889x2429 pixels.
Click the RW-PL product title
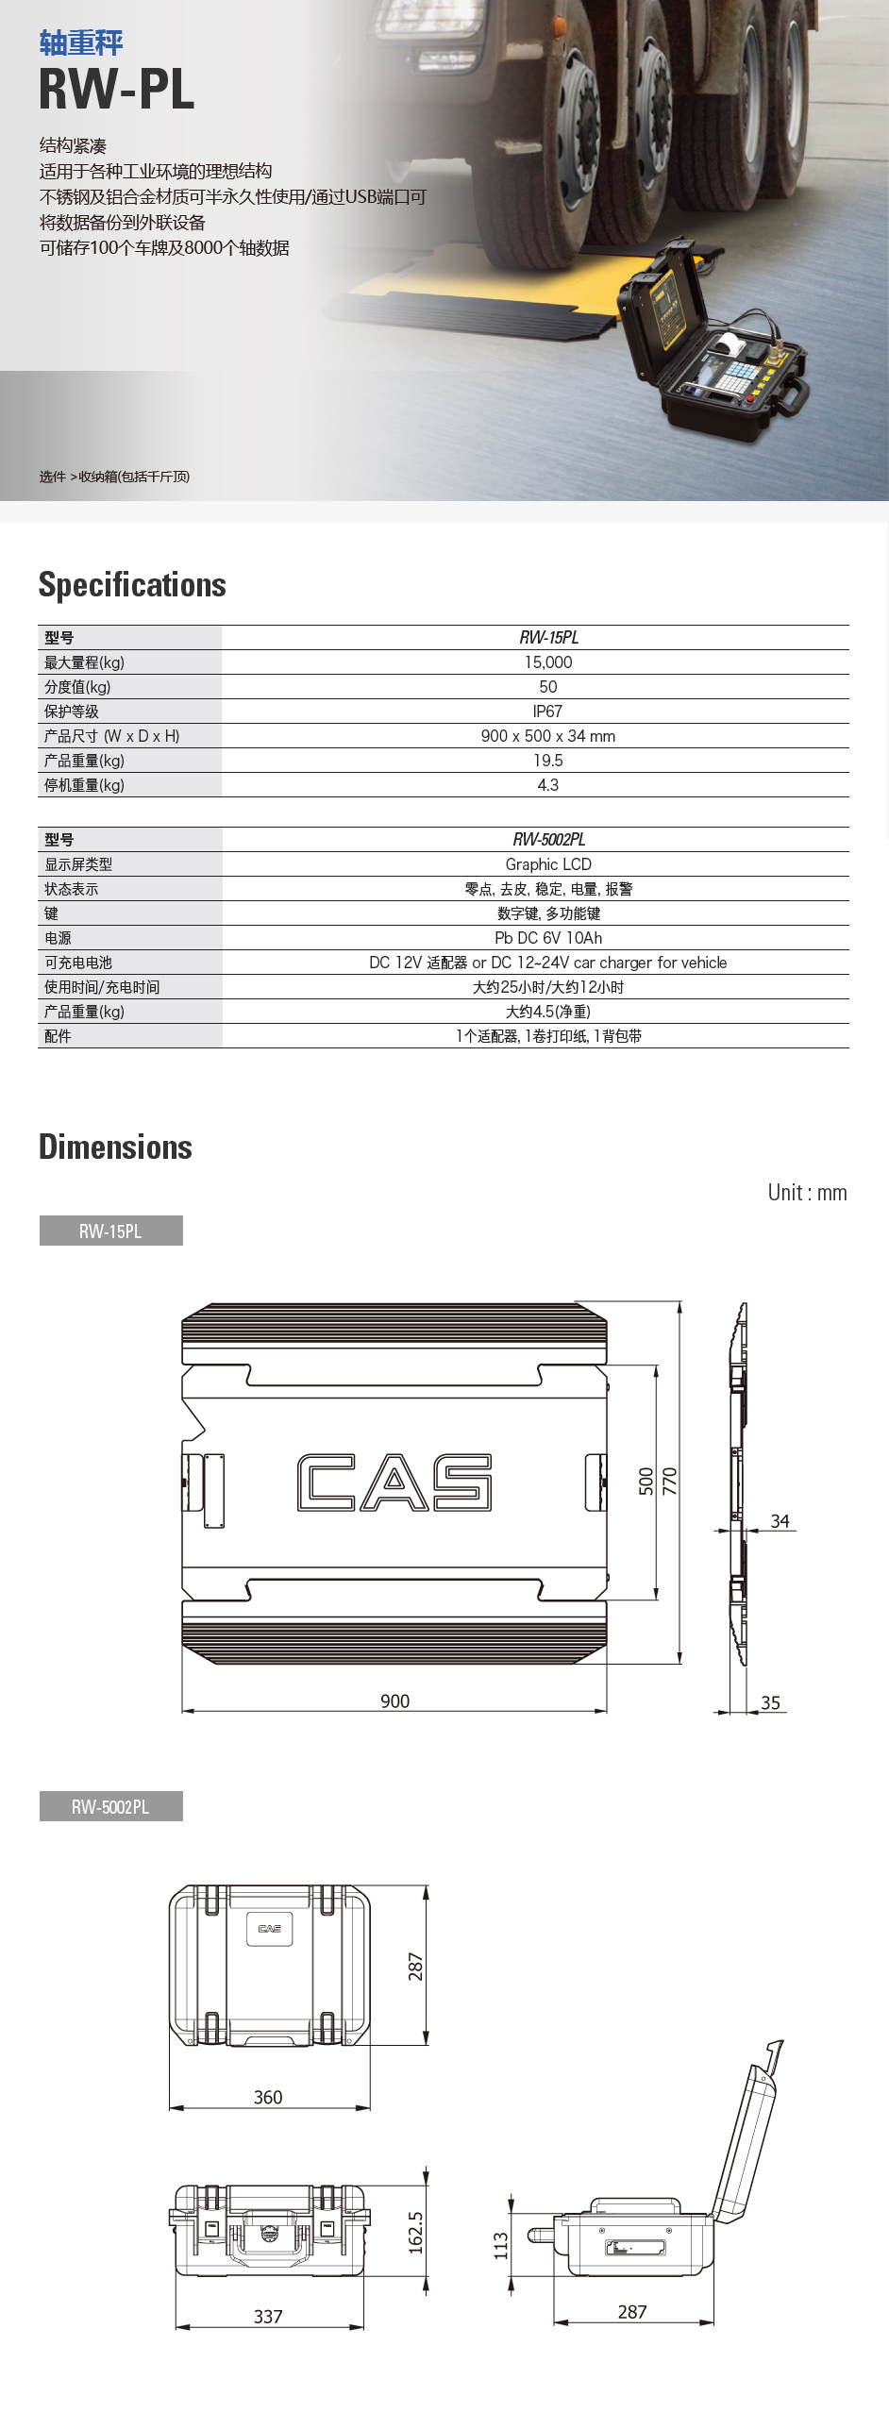pyautogui.click(x=116, y=90)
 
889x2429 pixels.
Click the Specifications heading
pyautogui.click(x=132, y=585)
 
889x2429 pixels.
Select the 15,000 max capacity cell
pyautogui.click(x=548, y=662)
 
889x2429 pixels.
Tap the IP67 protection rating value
pyautogui.click(x=547, y=712)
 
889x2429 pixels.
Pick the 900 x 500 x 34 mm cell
pyautogui.click(x=548, y=736)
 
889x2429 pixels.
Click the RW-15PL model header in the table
pyautogui.click(x=548, y=638)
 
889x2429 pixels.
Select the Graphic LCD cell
pyautogui.click(x=548, y=864)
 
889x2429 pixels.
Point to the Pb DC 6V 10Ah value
pyautogui.click(x=548, y=938)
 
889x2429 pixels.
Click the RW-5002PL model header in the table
pyautogui.click(x=548, y=840)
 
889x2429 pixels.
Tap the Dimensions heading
pyautogui.click(x=115, y=1147)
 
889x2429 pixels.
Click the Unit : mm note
pyautogui.click(x=807, y=1193)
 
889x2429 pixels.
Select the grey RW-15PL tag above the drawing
pyautogui.click(x=110, y=1231)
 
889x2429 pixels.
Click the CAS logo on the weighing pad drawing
pyautogui.click(x=394, y=1482)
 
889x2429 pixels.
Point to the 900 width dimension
pyautogui.click(x=394, y=1700)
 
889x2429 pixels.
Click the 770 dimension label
pyautogui.click(x=670, y=1481)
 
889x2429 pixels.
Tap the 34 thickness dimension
pyautogui.click(x=780, y=1521)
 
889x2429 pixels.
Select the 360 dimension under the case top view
pyautogui.click(x=268, y=2097)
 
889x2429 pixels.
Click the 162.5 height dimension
pyautogui.click(x=415, y=2233)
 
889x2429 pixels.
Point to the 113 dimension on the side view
pyautogui.click(x=501, y=2244)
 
